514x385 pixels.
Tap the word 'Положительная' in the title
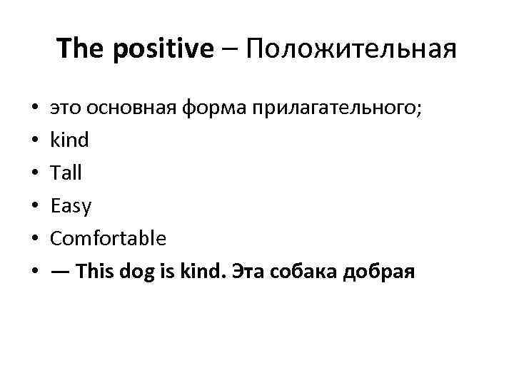click(x=351, y=48)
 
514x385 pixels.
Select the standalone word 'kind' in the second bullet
click(x=69, y=140)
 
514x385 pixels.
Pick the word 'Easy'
click(x=71, y=206)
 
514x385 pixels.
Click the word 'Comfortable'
click(x=108, y=238)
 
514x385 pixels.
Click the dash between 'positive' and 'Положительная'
click(x=230, y=48)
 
